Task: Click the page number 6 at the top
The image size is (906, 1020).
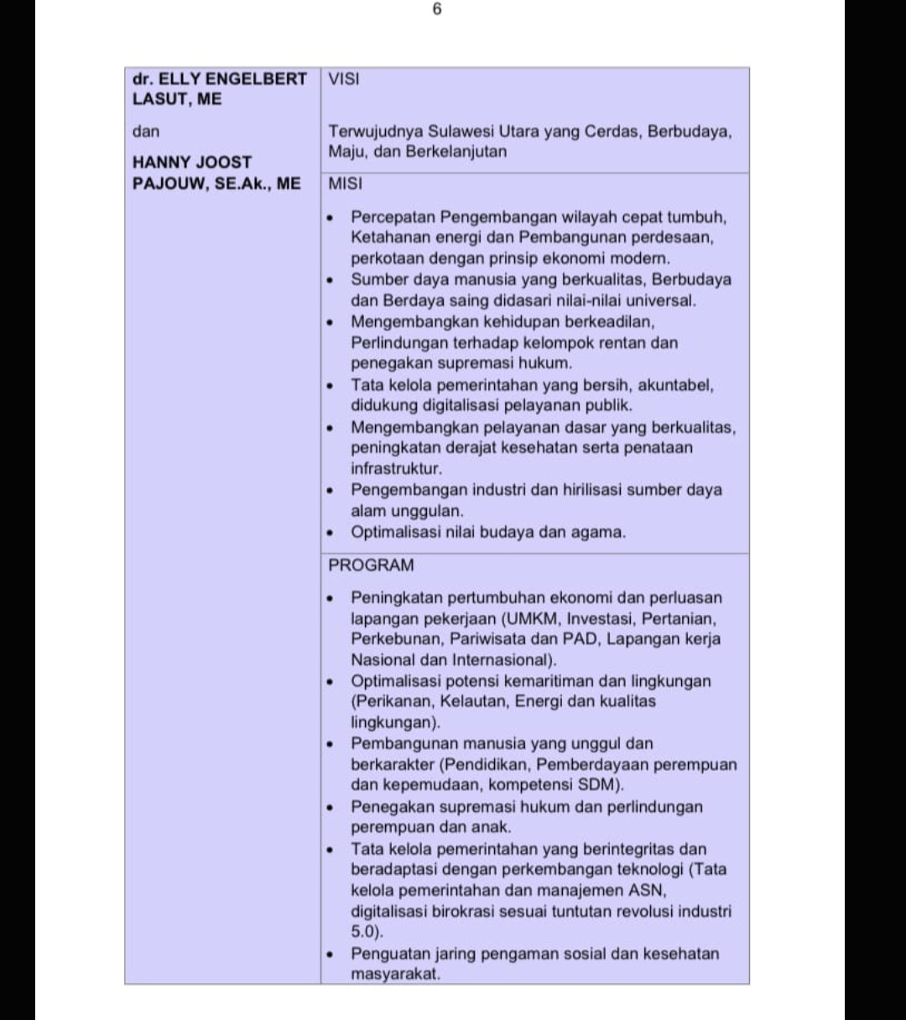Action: point(437,10)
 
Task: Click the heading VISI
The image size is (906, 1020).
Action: point(344,80)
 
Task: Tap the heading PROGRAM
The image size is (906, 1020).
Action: point(371,565)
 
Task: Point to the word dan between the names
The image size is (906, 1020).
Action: point(146,132)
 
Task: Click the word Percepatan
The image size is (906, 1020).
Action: point(391,217)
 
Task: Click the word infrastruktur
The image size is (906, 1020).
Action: point(395,469)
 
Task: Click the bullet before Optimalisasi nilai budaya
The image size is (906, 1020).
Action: point(331,533)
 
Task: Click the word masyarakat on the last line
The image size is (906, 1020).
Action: point(395,974)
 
